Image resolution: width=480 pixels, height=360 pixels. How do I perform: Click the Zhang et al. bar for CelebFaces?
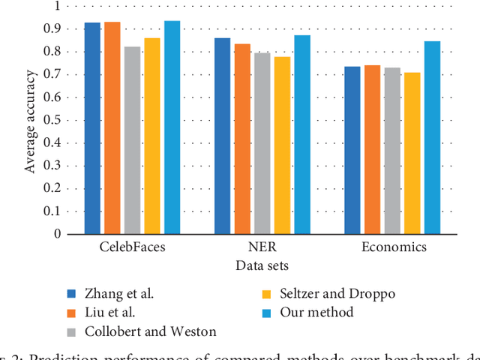point(92,128)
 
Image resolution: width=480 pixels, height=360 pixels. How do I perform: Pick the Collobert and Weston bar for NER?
point(262,143)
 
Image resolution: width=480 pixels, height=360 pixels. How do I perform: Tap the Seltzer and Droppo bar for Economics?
point(412,153)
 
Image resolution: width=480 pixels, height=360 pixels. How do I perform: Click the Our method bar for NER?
point(302,134)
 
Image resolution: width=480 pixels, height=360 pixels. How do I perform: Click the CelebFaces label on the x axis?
point(133,247)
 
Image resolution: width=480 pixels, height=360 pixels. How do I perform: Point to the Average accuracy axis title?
point(30,120)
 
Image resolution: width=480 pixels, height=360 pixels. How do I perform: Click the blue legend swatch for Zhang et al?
point(73,293)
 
